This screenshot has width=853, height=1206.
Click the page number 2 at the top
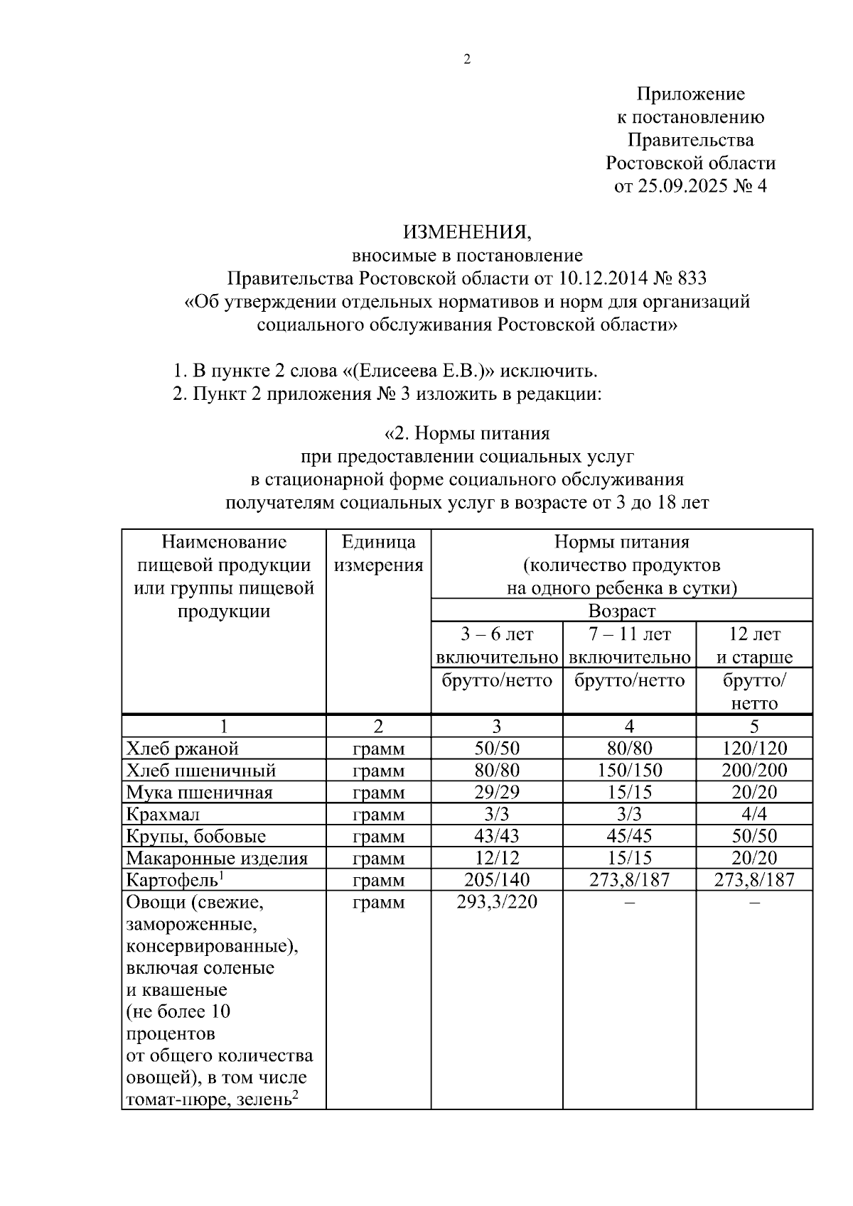[x=467, y=60]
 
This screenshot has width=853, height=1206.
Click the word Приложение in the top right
[x=690, y=94]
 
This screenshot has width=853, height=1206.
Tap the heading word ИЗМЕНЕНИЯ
[x=467, y=232]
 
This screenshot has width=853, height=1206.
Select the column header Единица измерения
[x=378, y=553]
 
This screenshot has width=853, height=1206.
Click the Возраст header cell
[x=621, y=611]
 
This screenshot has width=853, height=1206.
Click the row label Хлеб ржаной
[x=182, y=748]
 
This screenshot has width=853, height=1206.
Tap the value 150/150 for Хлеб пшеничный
[x=629, y=770]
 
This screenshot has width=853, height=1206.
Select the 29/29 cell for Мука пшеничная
[x=496, y=792]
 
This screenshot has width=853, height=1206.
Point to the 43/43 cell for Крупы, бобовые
[x=496, y=836]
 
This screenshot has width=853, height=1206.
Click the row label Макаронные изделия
[x=217, y=858]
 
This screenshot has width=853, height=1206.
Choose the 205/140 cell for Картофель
[x=496, y=880]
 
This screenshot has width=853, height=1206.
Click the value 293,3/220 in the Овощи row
[x=496, y=902]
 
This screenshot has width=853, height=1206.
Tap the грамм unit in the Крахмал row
[x=378, y=814]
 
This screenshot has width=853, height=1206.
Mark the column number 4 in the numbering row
[x=629, y=726]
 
